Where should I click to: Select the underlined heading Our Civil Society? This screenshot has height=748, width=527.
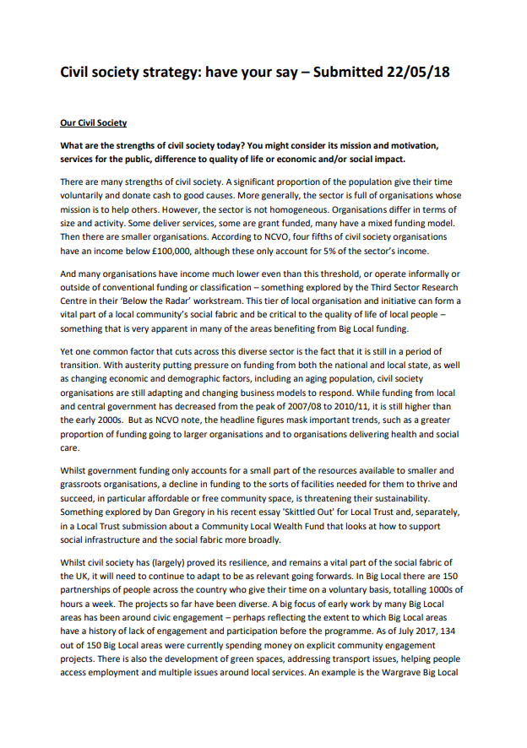(x=93, y=123)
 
